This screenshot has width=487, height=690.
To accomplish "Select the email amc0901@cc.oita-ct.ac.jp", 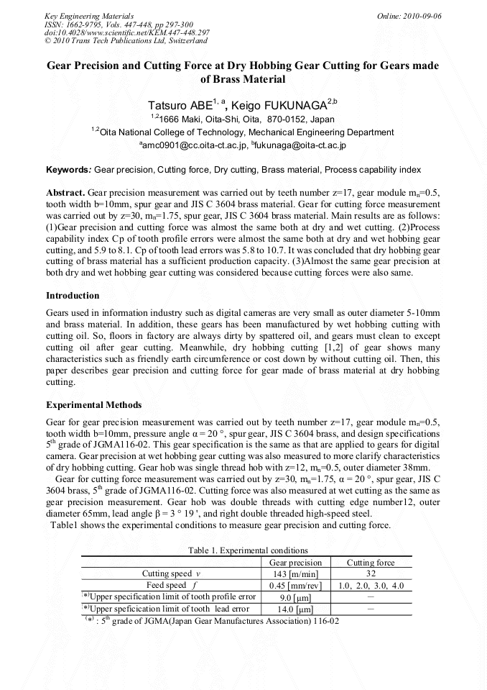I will coord(194,145).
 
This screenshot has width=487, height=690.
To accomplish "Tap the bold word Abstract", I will coord(65,194).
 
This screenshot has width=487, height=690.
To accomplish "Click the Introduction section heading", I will coord(73,296).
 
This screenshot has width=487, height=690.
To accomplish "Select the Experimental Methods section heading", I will coord(93,405).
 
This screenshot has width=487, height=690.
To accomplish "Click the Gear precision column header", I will coord(294,562).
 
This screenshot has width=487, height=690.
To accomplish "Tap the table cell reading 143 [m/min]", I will coord(294,574).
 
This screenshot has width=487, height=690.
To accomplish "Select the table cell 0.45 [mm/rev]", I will coord(294,586).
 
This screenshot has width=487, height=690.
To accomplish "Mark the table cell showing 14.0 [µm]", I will coord(294,609).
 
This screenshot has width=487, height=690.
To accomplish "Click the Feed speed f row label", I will coord(167,586).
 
